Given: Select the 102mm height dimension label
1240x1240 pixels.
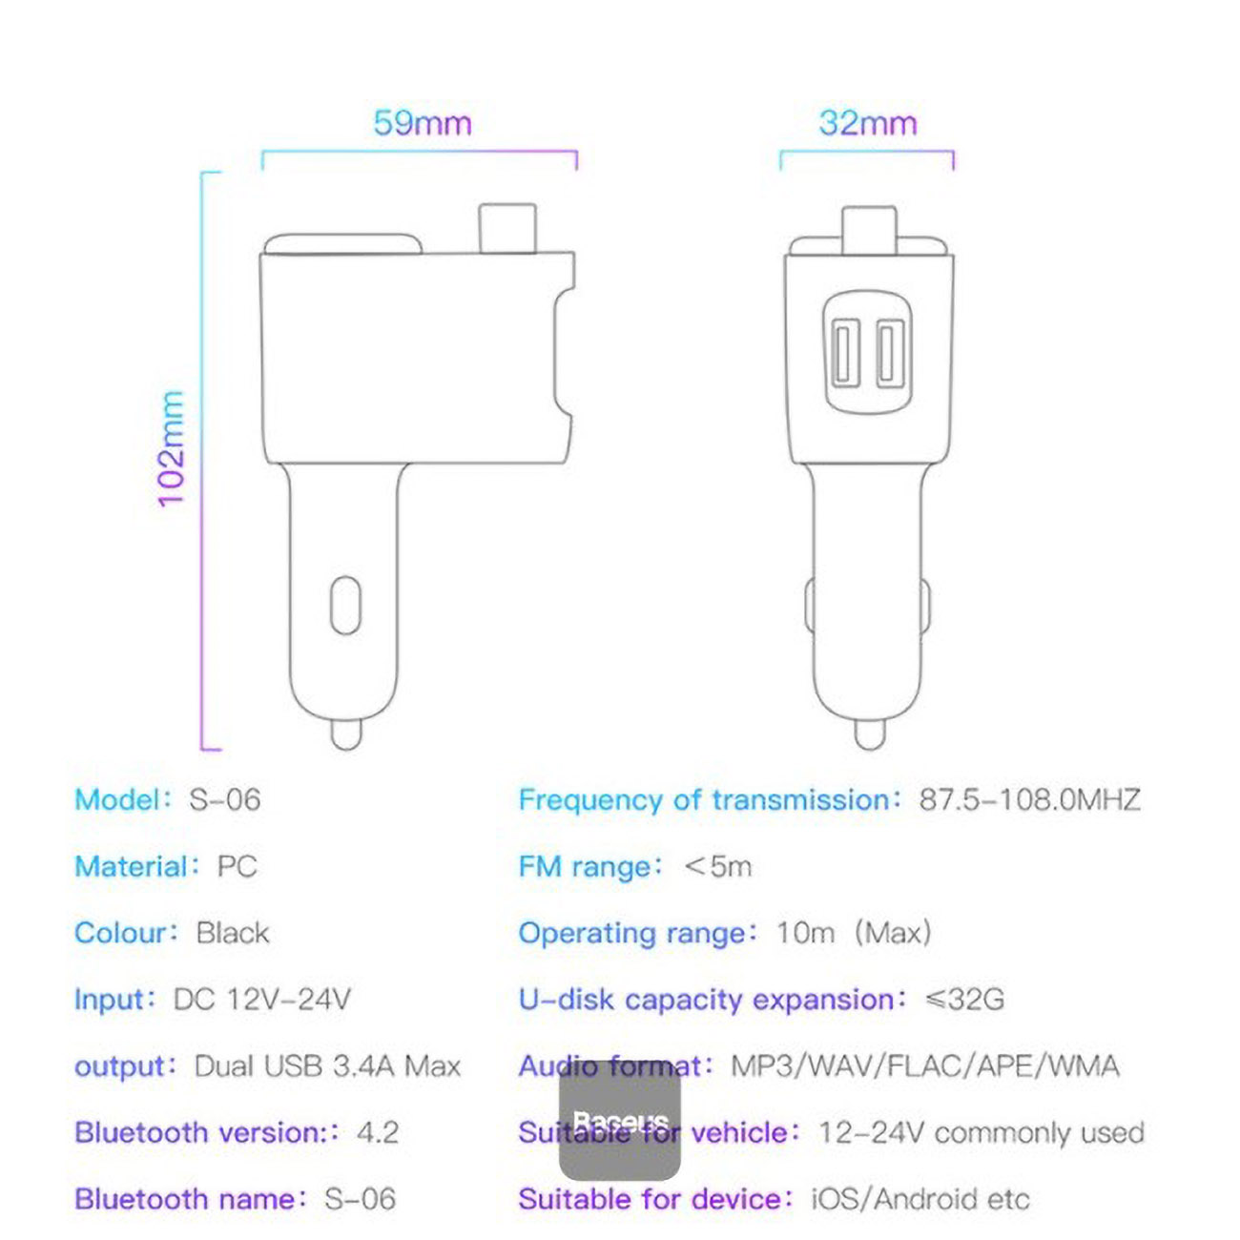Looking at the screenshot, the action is [x=172, y=448].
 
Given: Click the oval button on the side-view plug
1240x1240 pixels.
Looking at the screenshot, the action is [x=345, y=605].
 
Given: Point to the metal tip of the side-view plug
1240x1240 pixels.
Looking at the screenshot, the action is [x=345, y=734].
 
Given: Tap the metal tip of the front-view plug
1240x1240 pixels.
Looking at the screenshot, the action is [x=869, y=734].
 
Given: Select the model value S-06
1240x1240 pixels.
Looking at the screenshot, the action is [x=224, y=800].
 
